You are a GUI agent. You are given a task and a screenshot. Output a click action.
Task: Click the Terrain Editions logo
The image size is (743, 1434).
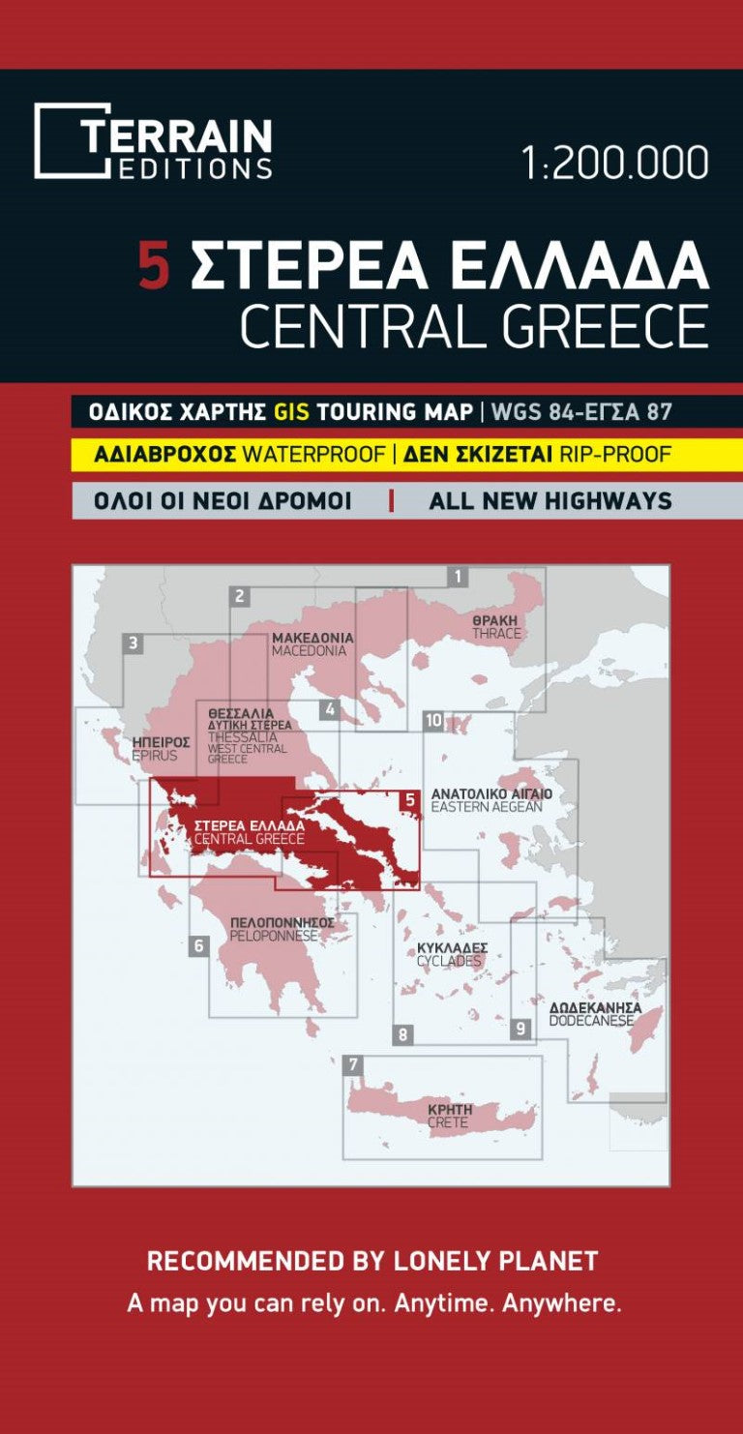(x=153, y=141)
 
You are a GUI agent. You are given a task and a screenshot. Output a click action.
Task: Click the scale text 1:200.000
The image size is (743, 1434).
(x=614, y=164)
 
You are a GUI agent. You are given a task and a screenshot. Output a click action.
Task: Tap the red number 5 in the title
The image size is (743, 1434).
(x=154, y=266)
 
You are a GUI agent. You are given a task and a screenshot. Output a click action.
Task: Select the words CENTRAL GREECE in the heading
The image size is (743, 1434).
(x=473, y=327)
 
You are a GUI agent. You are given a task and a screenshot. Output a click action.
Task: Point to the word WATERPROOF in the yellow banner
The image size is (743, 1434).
(x=313, y=454)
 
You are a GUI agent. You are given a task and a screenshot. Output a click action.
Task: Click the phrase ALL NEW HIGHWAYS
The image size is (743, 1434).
(x=550, y=501)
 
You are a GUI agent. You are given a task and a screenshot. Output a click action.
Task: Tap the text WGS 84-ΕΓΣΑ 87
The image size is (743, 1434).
(x=580, y=411)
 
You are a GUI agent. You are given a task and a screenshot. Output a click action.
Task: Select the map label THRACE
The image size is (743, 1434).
(x=496, y=634)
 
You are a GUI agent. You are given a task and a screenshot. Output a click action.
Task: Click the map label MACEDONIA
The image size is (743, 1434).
(x=309, y=651)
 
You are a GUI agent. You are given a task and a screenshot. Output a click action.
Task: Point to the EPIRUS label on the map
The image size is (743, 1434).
(x=155, y=756)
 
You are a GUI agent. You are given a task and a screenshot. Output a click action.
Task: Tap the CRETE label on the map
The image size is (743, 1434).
(x=448, y=1122)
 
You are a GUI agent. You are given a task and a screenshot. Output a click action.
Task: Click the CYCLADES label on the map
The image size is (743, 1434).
(x=449, y=961)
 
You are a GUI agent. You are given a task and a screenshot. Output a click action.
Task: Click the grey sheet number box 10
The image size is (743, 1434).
(x=432, y=721)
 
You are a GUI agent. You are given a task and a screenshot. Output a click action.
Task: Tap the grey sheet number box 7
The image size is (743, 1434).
(x=354, y=1065)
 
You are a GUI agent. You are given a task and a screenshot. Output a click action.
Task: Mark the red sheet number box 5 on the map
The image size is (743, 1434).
(x=409, y=800)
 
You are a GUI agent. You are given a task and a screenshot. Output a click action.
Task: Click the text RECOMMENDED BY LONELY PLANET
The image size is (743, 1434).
(x=372, y=1261)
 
